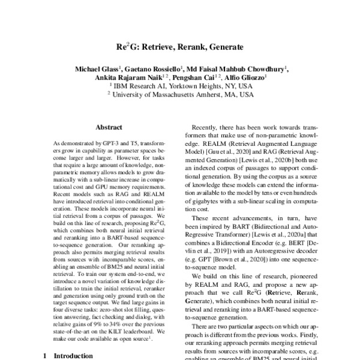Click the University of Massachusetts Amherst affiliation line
(180, 94)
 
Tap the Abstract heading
(109, 127)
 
